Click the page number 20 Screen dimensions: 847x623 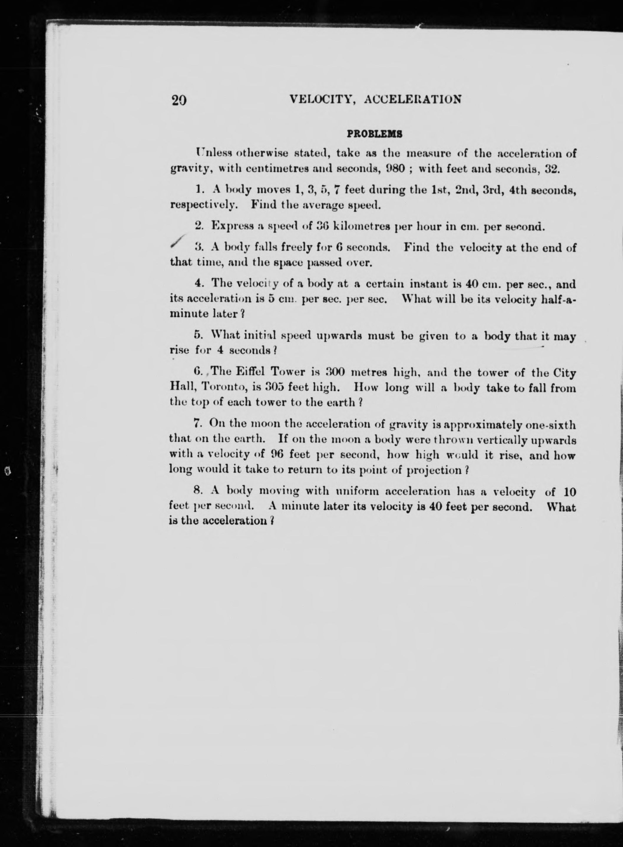pos(179,100)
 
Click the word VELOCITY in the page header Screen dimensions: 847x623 pos(320,100)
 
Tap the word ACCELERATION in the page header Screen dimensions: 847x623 pos(413,100)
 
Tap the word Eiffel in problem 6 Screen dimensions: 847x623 pos(249,373)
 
